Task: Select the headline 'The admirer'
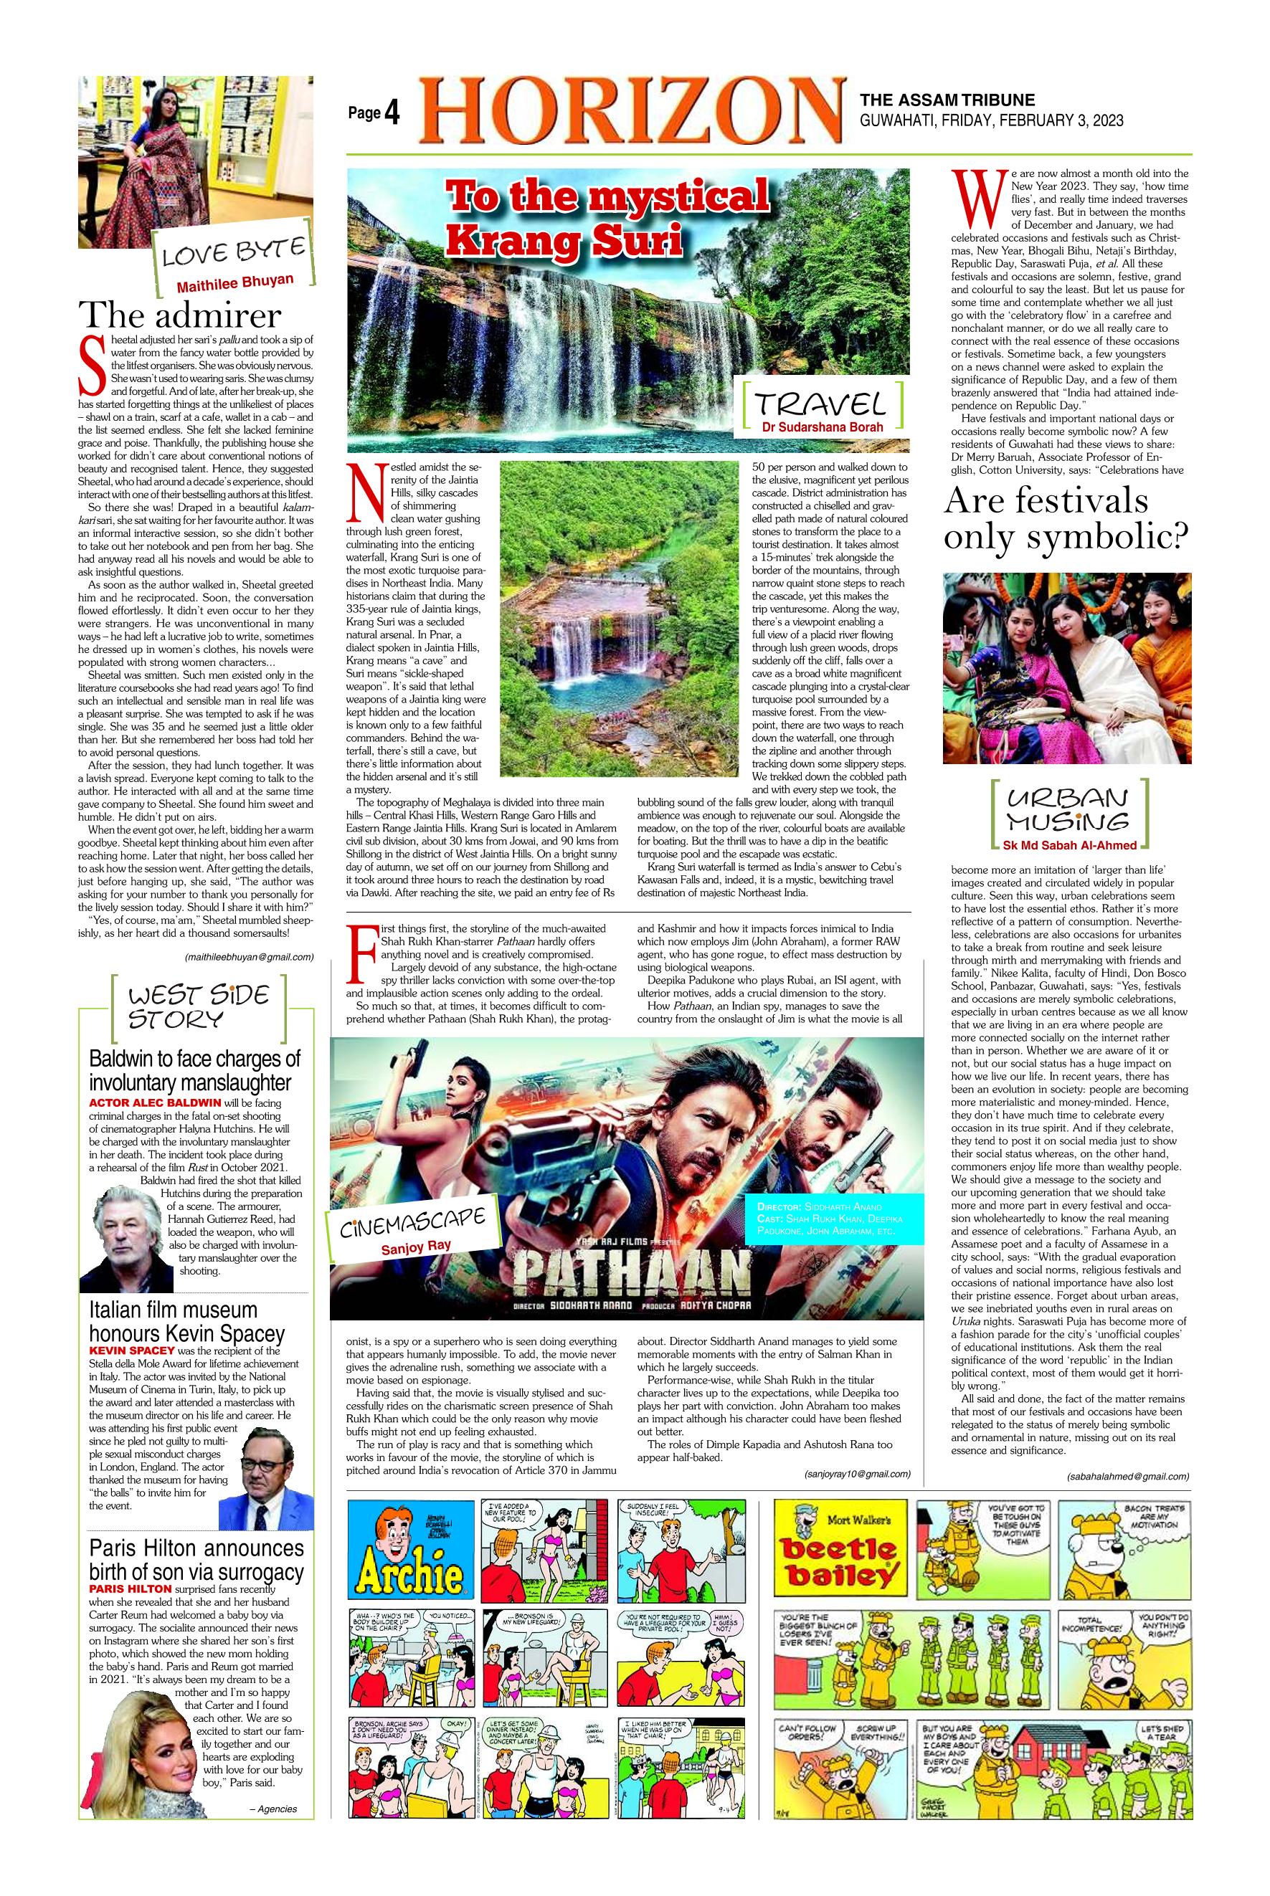click(179, 315)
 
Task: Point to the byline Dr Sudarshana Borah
click(821, 427)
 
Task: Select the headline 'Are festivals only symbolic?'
click(1065, 519)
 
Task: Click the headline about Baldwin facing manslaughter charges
click(194, 1070)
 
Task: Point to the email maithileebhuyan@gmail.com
click(249, 957)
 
